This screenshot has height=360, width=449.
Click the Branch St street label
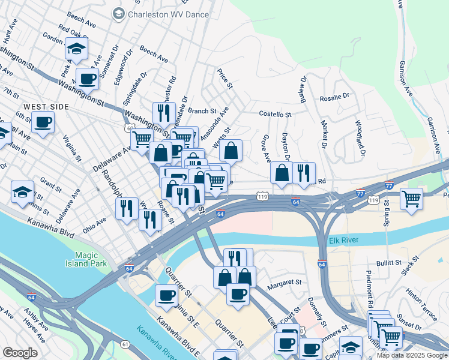click(201, 111)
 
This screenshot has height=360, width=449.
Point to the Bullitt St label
click(390, 263)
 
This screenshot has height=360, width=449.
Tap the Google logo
click(20, 352)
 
